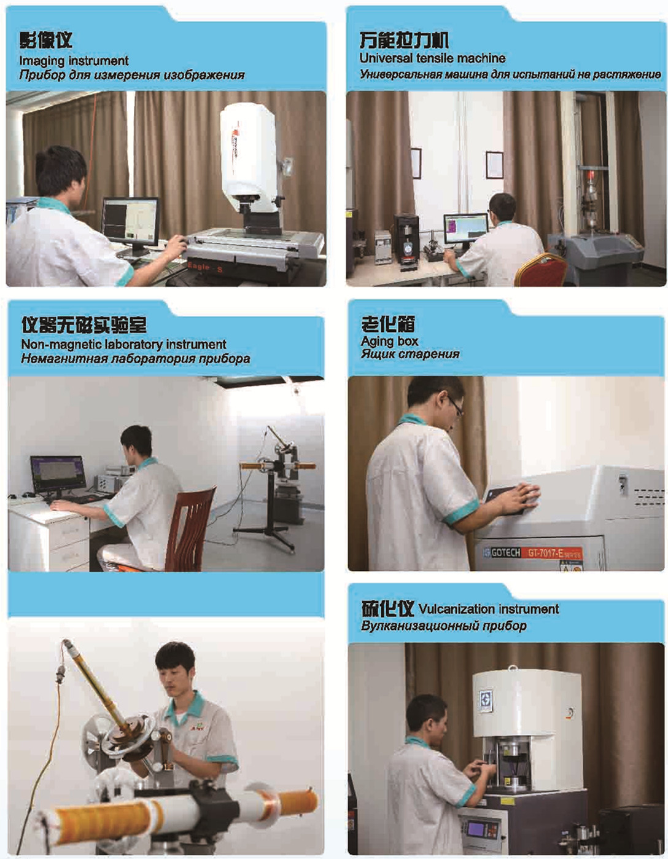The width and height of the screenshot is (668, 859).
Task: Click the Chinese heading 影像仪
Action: click(46, 41)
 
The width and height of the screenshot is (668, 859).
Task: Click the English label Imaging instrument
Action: click(74, 60)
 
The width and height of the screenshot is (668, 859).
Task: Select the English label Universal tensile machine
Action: click(432, 58)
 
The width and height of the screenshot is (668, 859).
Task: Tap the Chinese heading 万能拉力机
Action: click(403, 40)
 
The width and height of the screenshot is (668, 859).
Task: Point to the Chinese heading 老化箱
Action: click(387, 324)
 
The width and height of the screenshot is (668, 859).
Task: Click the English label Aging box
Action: click(389, 341)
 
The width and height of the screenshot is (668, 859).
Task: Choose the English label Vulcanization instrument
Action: click(488, 609)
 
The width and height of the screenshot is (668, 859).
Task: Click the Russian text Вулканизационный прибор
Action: click(443, 626)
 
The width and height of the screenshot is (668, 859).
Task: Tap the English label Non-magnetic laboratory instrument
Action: click(123, 344)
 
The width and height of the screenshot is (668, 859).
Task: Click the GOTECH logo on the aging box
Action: click(502, 552)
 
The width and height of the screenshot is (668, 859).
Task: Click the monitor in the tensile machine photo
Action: click(466, 229)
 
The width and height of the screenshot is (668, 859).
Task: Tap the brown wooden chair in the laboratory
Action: click(190, 529)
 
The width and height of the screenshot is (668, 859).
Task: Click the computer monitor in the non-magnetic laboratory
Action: click(58, 474)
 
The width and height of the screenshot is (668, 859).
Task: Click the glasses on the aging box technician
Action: click(454, 404)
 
